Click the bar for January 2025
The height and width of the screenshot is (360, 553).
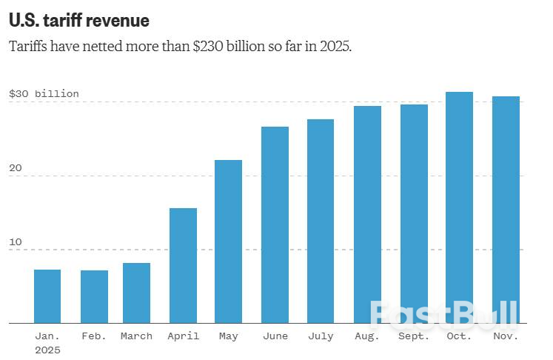[47, 296]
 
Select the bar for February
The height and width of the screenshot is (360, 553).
[94, 297]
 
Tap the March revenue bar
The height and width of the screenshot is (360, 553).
[136, 293]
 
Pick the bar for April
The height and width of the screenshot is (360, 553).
[183, 266]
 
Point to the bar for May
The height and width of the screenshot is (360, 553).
[229, 241]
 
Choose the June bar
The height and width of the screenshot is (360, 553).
[275, 225]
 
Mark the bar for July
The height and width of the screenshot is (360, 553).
[321, 221]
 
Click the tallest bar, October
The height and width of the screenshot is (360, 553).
[459, 207]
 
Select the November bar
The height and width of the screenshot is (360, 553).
[506, 210]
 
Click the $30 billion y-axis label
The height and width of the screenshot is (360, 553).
[44, 94]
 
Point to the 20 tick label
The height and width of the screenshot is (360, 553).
[16, 168]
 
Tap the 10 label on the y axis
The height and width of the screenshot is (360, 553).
[16, 242]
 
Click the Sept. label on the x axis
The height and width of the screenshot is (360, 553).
[413, 336]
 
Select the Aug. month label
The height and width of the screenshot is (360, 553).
[367, 336]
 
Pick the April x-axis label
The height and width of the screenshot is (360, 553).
[183, 336]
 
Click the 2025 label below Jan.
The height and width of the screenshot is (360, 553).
[47, 350]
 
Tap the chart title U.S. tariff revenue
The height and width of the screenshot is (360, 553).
[78, 21]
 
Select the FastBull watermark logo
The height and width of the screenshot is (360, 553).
[444, 314]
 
